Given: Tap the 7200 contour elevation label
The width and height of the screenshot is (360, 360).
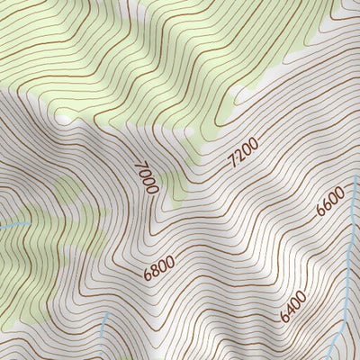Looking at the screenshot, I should point(243,152).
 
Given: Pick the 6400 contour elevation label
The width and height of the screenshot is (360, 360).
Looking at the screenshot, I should point(293,307).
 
